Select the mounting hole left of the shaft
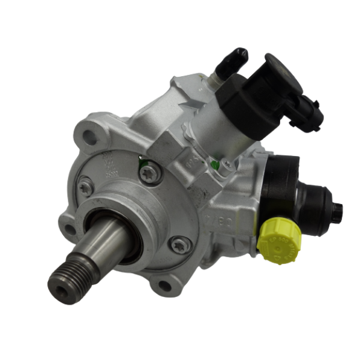(x=70, y=229)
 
